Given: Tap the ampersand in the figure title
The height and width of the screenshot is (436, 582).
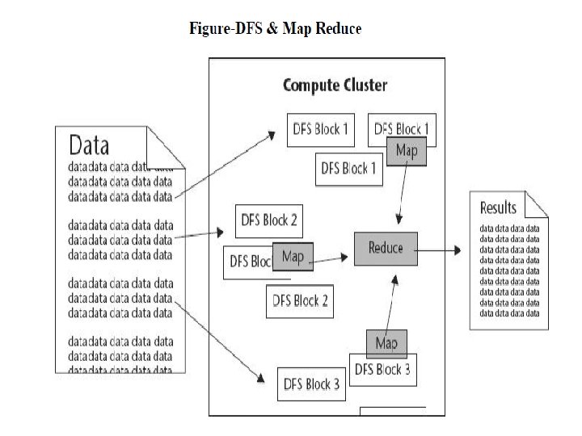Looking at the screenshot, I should tap(268, 29).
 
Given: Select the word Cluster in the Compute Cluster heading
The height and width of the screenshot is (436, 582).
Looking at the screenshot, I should tap(356, 85).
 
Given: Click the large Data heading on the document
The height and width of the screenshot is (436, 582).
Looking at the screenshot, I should tap(90, 146).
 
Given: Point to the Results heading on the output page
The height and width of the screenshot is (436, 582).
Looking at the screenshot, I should tap(498, 208).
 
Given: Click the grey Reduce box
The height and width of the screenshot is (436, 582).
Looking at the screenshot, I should tap(386, 247).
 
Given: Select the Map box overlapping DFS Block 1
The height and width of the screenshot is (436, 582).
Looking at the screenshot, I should tap(406, 151).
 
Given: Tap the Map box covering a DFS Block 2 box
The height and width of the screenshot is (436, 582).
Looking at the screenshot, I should tap(293, 256).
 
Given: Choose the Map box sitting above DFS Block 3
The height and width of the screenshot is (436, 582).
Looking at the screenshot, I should tap(386, 343).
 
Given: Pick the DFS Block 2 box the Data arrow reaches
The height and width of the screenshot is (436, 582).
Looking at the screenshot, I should tap(266, 220).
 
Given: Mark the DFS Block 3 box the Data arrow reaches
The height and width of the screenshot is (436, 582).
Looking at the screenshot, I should tap(312, 385).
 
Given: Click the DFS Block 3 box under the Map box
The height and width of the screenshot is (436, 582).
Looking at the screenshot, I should tap(383, 371).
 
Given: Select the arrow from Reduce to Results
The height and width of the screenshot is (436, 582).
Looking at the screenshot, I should tap(440, 251).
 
